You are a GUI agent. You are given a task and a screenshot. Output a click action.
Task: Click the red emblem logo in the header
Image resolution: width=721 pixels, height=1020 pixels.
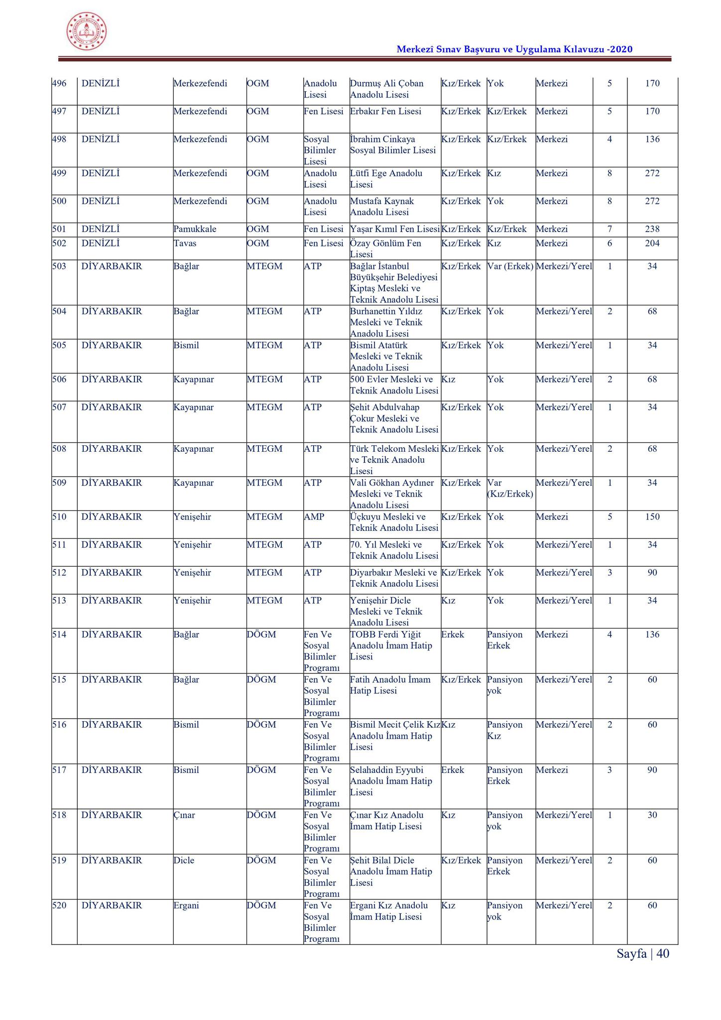[87, 32]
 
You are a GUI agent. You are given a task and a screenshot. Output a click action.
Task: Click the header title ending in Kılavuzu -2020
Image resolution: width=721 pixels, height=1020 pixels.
[514, 49]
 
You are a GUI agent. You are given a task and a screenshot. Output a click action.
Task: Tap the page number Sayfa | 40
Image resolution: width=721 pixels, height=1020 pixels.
[643, 953]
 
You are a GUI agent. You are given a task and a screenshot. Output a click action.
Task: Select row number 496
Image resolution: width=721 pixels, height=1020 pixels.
[59, 84]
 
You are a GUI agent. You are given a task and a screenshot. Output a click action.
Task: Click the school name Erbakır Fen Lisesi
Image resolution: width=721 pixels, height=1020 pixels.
[385, 112]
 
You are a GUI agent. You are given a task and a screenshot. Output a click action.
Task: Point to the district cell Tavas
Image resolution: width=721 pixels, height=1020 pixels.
[185, 243]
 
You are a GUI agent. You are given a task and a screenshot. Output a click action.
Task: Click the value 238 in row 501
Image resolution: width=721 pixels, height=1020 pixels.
[652, 229]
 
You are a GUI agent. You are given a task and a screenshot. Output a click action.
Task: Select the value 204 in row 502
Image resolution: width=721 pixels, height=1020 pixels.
[652, 243]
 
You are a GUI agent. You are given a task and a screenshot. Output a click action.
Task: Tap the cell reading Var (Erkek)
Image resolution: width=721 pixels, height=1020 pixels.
[510, 266]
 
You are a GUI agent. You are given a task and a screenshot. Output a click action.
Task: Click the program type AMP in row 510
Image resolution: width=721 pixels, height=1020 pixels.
[314, 517]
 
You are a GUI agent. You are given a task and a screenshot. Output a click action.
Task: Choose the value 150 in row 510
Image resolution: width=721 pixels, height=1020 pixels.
[652, 517]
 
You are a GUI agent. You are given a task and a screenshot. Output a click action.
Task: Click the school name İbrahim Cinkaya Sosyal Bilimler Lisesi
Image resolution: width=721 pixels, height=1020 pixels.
[392, 145]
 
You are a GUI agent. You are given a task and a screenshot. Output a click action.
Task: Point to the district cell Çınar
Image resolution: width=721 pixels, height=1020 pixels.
[184, 815]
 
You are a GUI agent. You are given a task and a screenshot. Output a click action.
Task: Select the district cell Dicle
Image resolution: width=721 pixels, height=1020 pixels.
[184, 861]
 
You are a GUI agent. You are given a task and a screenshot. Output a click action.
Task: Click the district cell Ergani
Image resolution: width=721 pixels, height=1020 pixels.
[186, 905]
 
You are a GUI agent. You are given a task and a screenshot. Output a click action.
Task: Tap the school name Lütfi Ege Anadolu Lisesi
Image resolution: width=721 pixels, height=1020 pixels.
[386, 179]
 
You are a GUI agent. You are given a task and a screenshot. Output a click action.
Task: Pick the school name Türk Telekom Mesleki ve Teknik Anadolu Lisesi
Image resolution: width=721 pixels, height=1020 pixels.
[394, 460]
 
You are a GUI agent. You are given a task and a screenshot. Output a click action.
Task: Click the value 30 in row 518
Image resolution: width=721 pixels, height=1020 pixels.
[652, 815]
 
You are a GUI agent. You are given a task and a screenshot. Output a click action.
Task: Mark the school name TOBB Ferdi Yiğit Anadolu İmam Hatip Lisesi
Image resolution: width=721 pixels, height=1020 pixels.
[391, 645]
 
